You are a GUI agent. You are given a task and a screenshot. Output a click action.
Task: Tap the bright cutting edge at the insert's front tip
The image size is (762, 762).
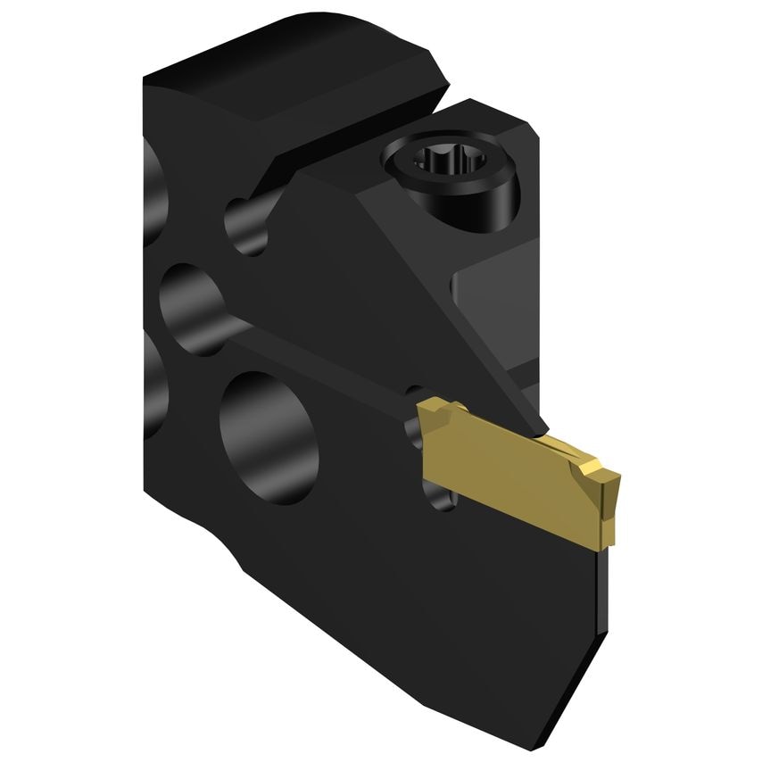click(609, 482)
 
